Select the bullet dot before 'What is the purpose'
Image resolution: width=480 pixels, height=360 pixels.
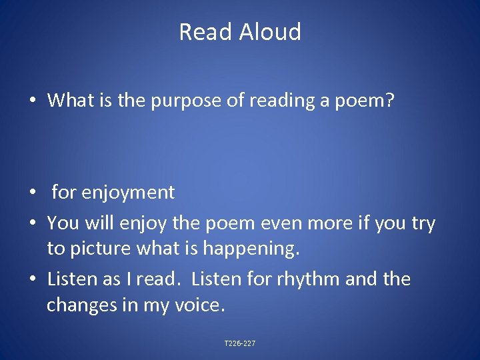[x=33, y=101]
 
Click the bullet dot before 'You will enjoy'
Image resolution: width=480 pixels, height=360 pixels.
[x=33, y=223]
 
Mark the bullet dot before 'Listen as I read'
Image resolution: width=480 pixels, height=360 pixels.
[x=33, y=279]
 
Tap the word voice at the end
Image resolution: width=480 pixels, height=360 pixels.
[x=200, y=305]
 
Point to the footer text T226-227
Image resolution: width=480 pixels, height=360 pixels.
[x=240, y=343]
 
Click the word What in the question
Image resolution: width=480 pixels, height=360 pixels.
[x=70, y=101]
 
